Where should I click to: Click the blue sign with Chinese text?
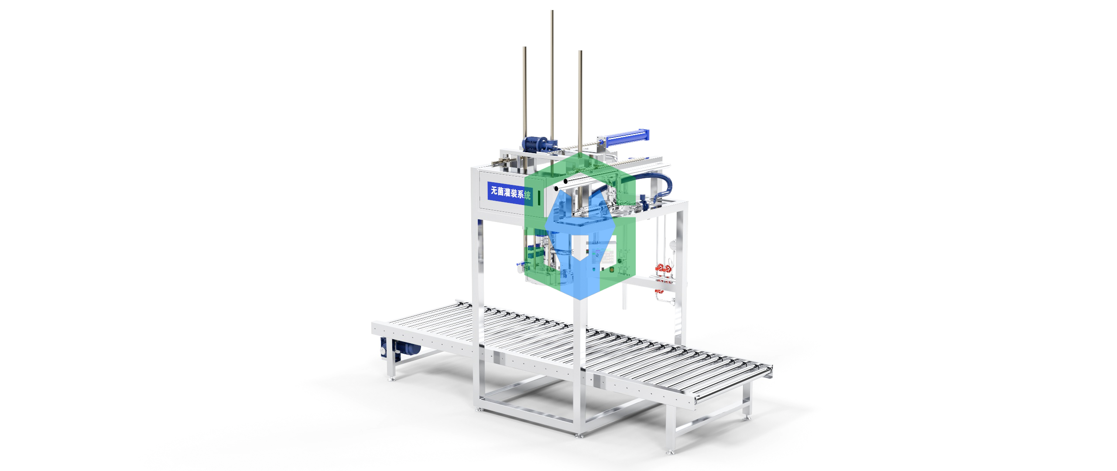(510, 192)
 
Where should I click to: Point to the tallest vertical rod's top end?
(552, 12)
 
